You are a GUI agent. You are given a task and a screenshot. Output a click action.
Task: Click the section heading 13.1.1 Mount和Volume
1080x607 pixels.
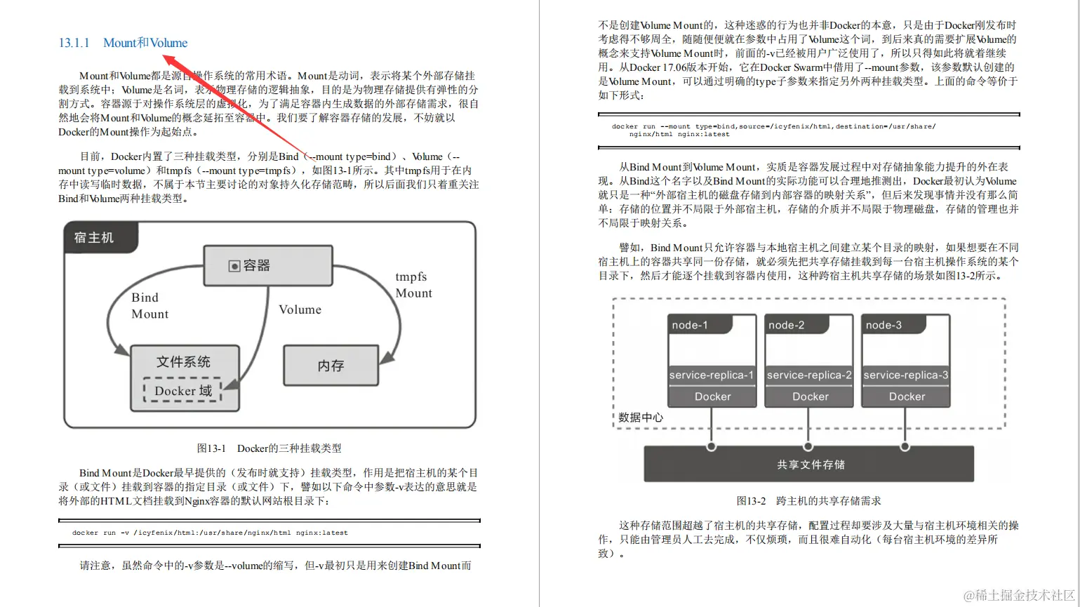coord(123,43)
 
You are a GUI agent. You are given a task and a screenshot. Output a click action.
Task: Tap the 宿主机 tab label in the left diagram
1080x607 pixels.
coord(94,238)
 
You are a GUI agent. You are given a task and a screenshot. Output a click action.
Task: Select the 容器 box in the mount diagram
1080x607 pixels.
coord(267,265)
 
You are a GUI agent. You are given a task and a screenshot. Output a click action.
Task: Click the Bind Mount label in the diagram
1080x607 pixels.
coord(149,306)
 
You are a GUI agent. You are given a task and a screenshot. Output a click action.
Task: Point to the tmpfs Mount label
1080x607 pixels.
coord(413,285)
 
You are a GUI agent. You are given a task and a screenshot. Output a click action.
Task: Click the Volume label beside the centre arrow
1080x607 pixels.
coord(300,309)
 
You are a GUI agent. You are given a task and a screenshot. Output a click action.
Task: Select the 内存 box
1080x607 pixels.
coord(331,366)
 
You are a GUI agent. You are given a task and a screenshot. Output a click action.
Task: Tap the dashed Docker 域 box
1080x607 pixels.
coord(183,391)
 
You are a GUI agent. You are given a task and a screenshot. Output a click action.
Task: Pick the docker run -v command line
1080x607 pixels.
coord(210,533)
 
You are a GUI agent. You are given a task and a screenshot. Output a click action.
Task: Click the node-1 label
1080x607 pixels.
coord(690,325)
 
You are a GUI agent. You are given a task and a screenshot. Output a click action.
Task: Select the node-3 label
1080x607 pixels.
coord(884,325)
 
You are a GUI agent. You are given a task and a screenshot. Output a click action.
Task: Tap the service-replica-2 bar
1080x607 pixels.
coord(808,375)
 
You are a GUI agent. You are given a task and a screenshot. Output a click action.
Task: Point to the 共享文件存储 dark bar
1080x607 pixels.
coord(810,465)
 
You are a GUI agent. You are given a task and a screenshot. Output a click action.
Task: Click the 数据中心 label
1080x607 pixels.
coord(640,418)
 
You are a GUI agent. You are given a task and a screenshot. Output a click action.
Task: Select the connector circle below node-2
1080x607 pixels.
coord(808,446)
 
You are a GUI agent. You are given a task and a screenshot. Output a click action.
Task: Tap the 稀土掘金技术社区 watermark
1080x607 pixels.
coord(1019,595)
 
